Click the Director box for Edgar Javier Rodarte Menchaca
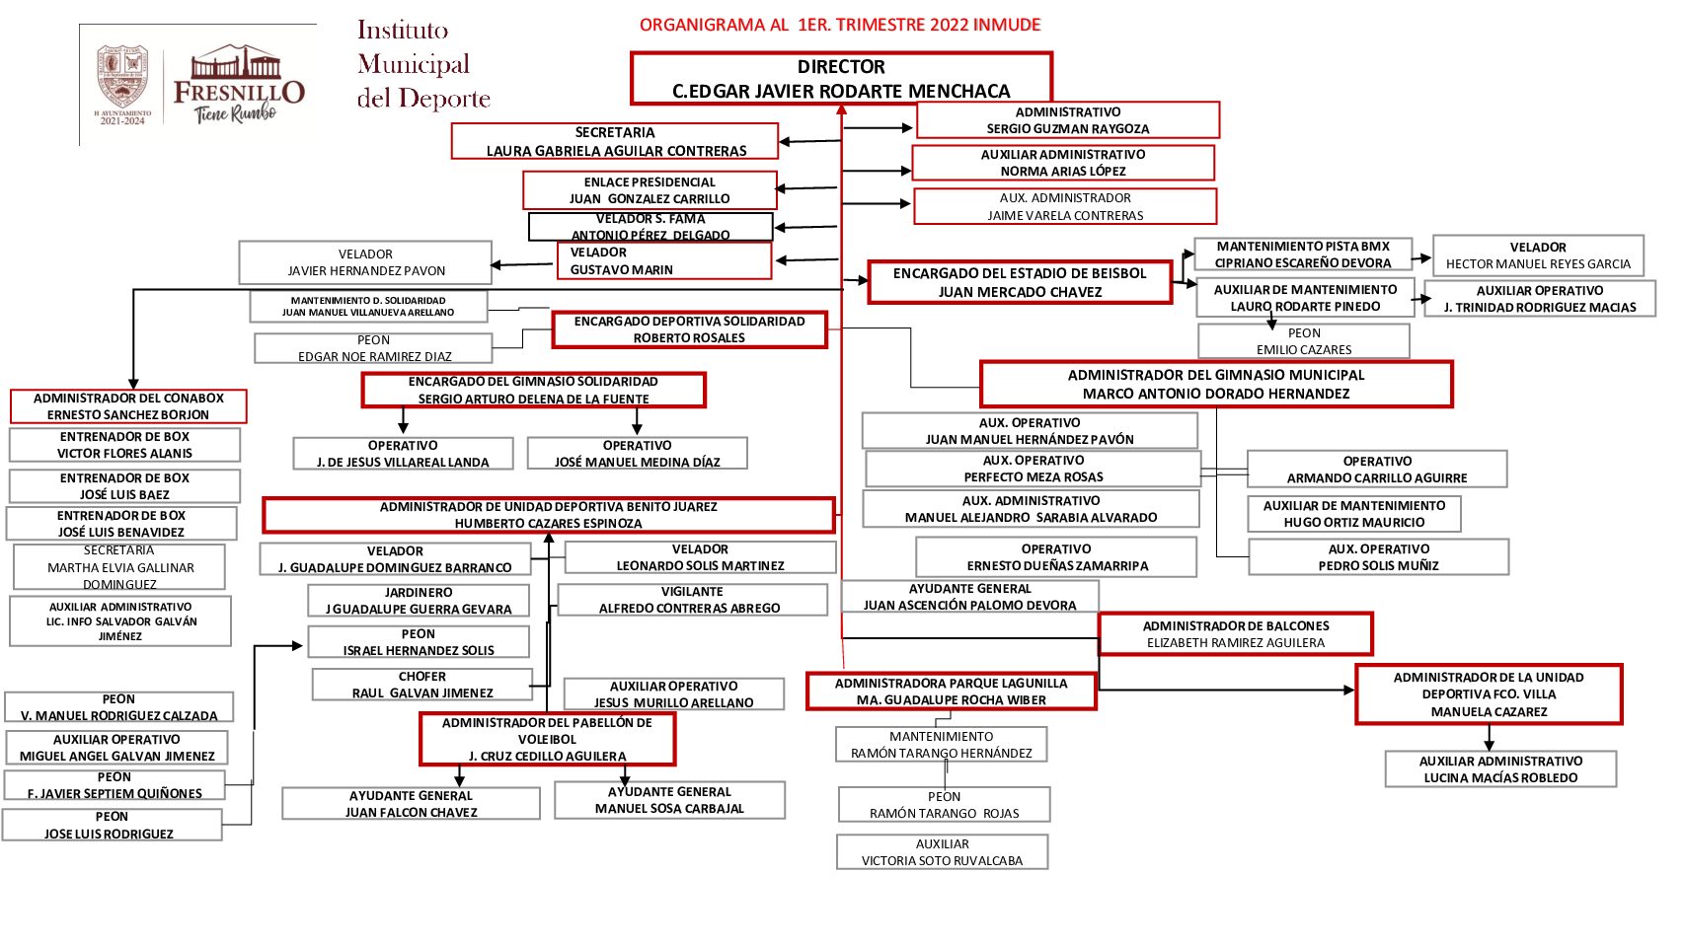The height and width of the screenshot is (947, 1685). pos(841,79)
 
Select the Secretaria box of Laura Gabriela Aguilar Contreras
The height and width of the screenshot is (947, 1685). pos(615,141)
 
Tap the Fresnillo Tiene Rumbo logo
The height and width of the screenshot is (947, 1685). pos(238,86)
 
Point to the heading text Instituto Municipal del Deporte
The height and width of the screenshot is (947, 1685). pos(422,64)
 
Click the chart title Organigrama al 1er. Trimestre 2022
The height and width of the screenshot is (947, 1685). pos(839,25)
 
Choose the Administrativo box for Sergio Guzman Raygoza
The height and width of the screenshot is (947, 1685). pos(1067,120)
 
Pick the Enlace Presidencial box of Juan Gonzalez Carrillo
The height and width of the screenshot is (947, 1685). pos(650,190)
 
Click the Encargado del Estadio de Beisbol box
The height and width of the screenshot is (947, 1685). pos(1020,282)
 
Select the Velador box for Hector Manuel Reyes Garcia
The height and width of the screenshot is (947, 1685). pos(1538,255)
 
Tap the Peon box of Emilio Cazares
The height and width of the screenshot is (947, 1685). pos(1303,341)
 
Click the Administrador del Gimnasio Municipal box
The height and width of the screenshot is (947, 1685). pos(1216,384)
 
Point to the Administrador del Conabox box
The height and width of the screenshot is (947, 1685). pos(128,406)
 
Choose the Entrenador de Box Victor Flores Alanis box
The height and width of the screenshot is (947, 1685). pos(124,445)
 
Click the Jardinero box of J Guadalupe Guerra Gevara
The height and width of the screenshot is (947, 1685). pos(419,601)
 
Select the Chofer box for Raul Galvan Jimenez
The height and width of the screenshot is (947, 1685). pos(422,685)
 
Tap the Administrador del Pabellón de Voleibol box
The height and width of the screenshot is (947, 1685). pos(547,739)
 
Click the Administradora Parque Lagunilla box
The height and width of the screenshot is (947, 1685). pos(951,692)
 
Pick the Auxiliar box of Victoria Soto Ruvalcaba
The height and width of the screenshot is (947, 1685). pos(942,852)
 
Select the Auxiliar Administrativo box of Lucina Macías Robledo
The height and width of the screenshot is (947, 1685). pos(1500,769)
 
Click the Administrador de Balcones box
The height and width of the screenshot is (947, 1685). pos(1235,634)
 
